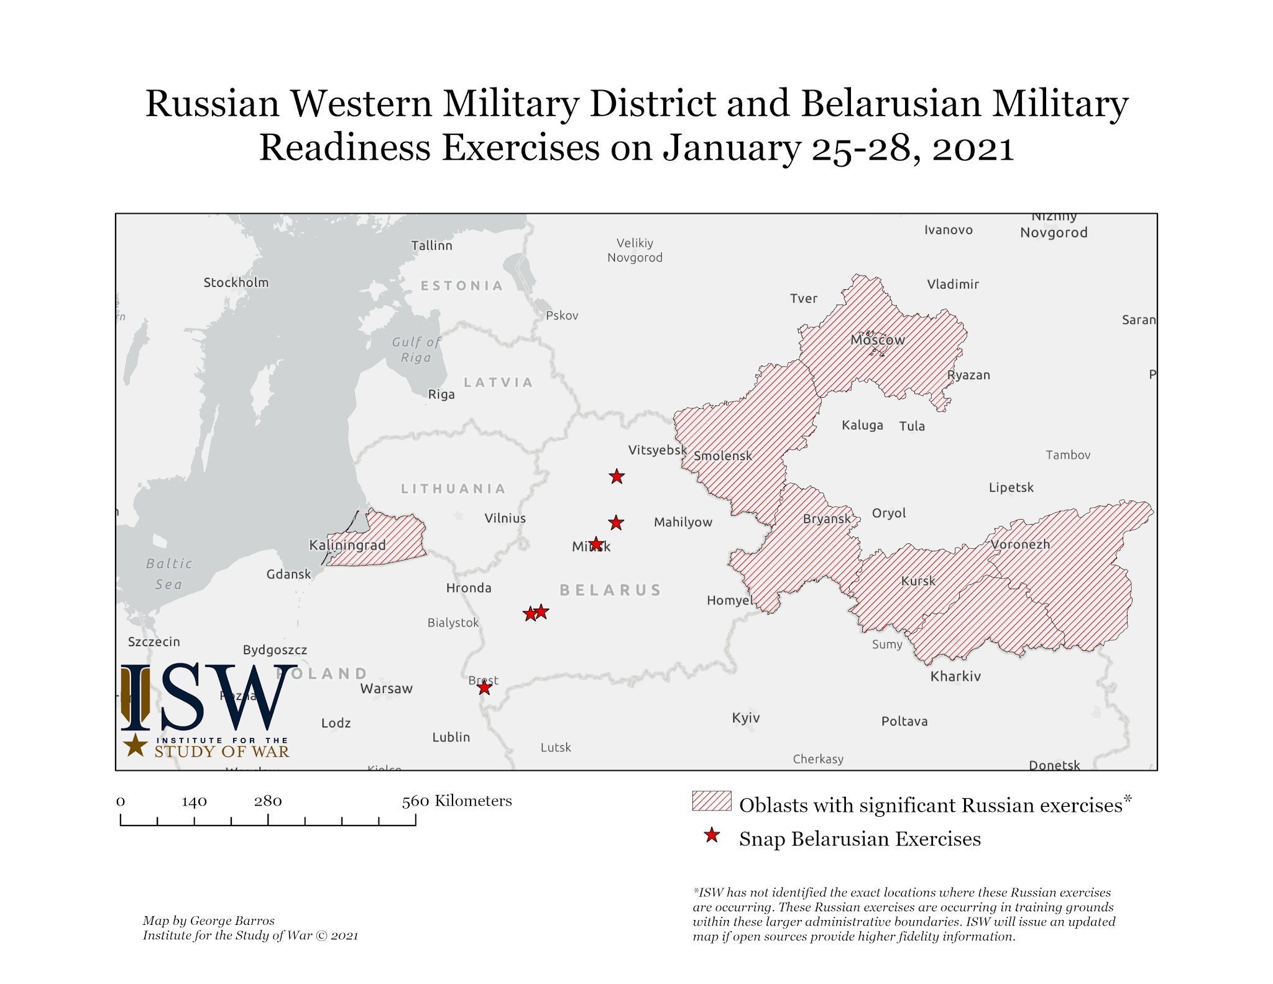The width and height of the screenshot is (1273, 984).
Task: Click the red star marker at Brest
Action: point(484,687)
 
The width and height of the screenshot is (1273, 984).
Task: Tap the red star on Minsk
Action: point(596,545)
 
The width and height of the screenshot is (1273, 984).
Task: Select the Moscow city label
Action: point(878,340)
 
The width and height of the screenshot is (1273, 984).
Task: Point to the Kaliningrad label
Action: point(347,545)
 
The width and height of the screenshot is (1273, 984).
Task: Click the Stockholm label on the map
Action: point(236,282)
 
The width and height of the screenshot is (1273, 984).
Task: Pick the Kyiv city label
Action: point(746,718)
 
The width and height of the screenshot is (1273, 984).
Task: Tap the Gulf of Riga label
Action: point(416,349)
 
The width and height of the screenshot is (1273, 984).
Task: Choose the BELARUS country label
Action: point(610,590)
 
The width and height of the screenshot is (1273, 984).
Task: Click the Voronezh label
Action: point(1020,545)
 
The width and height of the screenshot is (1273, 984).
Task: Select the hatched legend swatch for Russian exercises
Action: point(712,801)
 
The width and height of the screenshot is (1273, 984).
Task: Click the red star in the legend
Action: point(712,836)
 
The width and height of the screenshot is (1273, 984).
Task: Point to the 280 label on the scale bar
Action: point(268,801)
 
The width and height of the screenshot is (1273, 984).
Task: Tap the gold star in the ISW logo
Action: point(135,745)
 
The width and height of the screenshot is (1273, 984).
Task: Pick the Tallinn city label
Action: point(431,246)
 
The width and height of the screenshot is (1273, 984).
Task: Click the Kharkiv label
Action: point(955,676)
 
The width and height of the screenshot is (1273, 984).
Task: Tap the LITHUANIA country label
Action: point(453,489)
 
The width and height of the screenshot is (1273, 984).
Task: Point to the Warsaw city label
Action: point(386,689)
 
